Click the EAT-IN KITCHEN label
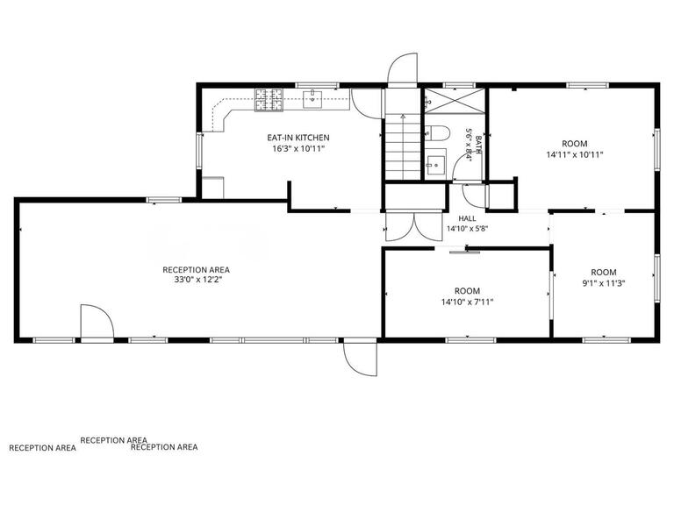(x=298, y=138)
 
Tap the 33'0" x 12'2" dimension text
(x=196, y=280)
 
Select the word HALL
(x=467, y=218)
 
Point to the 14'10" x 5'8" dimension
(x=467, y=229)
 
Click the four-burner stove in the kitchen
(x=269, y=100)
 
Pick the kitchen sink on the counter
(x=313, y=99)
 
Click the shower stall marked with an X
(x=455, y=101)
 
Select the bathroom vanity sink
(x=435, y=164)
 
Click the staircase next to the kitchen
(x=402, y=146)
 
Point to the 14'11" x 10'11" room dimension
(x=574, y=154)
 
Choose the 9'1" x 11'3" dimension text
(x=604, y=283)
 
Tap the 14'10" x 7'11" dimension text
(x=467, y=302)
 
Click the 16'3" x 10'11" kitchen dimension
(x=298, y=149)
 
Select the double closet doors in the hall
(x=414, y=227)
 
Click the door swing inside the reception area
(x=97, y=321)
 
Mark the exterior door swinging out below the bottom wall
(x=360, y=359)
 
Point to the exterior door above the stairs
(x=402, y=69)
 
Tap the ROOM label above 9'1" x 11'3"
(x=604, y=273)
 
